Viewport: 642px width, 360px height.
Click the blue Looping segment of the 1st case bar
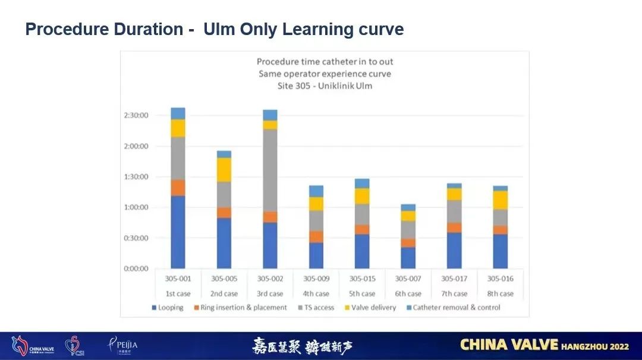pos(178,232)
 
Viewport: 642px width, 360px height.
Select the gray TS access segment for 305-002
pos(270,170)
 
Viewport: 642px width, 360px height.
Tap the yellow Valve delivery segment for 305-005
pos(224,170)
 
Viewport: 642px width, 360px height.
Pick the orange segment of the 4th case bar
pos(316,236)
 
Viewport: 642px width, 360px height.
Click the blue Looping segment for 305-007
pos(408,258)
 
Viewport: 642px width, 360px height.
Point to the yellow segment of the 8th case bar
pos(501,200)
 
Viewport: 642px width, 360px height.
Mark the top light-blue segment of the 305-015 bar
pos(362,184)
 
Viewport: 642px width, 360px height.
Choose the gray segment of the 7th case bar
pos(454,211)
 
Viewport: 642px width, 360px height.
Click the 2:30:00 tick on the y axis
pos(137,115)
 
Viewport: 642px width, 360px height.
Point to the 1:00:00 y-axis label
pos(137,207)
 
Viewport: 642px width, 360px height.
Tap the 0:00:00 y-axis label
pos(137,269)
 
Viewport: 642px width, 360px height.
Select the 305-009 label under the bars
pos(316,279)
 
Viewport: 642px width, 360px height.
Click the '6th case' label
pos(408,293)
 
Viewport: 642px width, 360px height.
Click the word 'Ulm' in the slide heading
pos(220,29)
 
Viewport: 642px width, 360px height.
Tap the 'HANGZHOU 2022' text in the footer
pos(595,345)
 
